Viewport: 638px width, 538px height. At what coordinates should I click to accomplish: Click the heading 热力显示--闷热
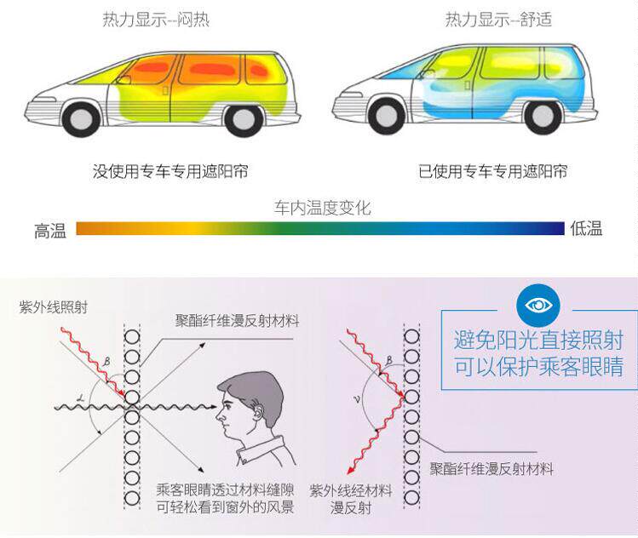(x=156, y=20)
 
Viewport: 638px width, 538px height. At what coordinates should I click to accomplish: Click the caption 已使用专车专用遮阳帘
(x=493, y=172)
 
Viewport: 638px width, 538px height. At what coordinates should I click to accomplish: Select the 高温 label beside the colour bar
(x=50, y=230)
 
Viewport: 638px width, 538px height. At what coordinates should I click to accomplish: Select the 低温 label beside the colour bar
(x=586, y=228)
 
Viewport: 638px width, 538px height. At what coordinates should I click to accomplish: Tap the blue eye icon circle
(x=537, y=306)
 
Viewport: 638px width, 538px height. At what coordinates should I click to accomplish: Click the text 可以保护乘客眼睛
(x=537, y=368)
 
